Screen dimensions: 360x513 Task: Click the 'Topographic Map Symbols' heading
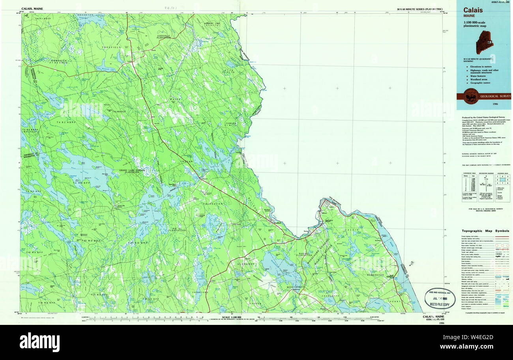(x=485, y=231)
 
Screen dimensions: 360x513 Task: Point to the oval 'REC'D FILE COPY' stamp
(x=440, y=298)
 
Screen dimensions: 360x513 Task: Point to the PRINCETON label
(x=213, y=203)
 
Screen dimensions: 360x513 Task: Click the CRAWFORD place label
(x=213, y=292)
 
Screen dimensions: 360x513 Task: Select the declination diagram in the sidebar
(x=485, y=183)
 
